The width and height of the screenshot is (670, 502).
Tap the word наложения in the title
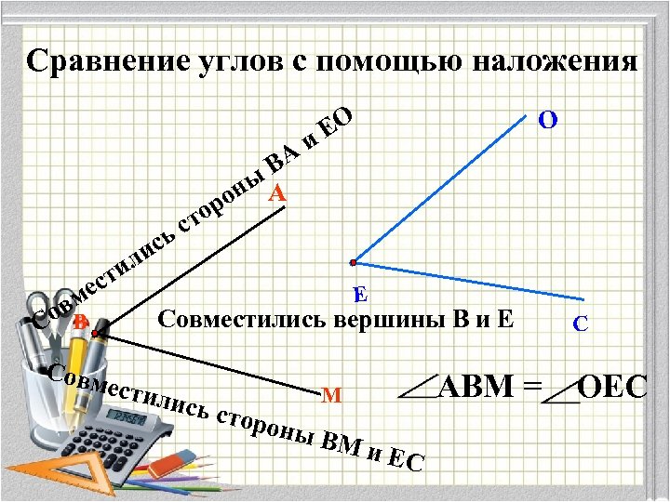pos(556,61)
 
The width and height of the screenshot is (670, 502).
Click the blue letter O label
pos(549,120)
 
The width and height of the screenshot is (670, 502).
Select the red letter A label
pos(277,194)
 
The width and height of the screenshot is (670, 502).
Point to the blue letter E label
pos(361,294)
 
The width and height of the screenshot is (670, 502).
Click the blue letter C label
pos(580,324)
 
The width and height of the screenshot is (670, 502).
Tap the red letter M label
pos(329,395)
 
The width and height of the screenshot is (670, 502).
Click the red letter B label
pos(81,322)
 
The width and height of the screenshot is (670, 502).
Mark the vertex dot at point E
pos(354,263)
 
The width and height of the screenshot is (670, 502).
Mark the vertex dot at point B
pos(96,329)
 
